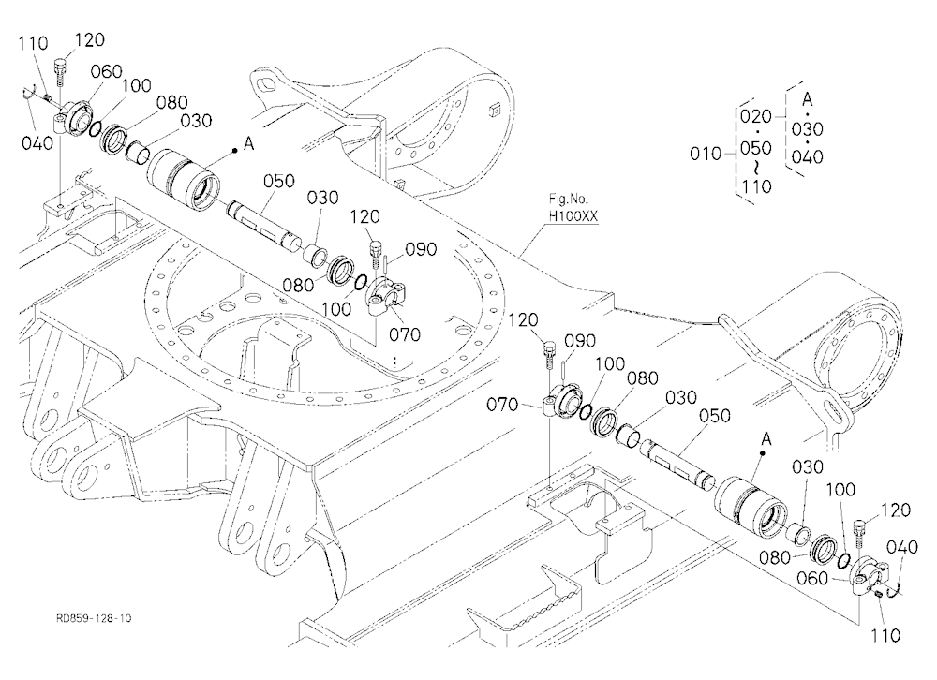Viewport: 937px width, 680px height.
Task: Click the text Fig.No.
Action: click(x=569, y=199)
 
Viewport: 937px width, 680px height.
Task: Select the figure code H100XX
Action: click(x=573, y=215)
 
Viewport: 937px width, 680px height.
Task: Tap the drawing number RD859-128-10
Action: click(x=94, y=618)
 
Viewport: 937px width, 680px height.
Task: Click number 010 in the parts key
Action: click(x=706, y=154)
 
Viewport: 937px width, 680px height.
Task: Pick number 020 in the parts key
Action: click(x=756, y=116)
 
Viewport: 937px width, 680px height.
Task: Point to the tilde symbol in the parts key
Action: click(x=756, y=166)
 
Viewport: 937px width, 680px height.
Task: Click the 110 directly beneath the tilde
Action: click(x=756, y=186)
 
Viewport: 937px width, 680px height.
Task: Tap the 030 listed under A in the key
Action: click(x=808, y=128)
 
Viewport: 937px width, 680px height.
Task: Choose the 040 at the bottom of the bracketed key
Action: click(x=808, y=156)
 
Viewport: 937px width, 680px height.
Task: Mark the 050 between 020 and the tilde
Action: click(x=756, y=148)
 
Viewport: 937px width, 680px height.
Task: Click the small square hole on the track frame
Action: click(x=493, y=110)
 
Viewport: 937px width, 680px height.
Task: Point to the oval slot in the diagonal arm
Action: click(x=832, y=412)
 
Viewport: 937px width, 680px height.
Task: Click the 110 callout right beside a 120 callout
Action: click(x=33, y=43)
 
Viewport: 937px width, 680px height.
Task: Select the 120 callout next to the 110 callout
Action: click(x=89, y=39)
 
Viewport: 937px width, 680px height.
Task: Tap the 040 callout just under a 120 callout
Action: click(x=901, y=547)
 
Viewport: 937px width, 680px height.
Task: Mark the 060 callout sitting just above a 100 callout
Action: click(x=107, y=71)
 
